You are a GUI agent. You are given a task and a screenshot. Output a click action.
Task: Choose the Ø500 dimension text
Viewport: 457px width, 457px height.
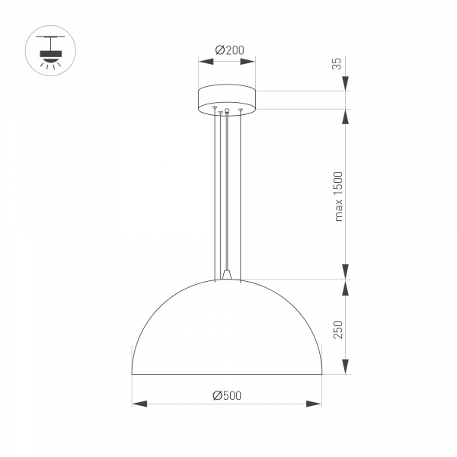(227, 395)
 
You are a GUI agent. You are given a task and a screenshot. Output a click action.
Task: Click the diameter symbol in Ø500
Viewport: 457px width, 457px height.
(216, 395)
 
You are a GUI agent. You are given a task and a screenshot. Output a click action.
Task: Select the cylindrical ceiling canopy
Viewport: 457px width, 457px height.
(227, 99)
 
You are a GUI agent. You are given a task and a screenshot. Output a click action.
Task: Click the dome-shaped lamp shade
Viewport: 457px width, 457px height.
(227, 335)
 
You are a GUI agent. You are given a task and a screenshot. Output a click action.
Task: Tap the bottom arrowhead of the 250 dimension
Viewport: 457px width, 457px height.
(345, 369)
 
